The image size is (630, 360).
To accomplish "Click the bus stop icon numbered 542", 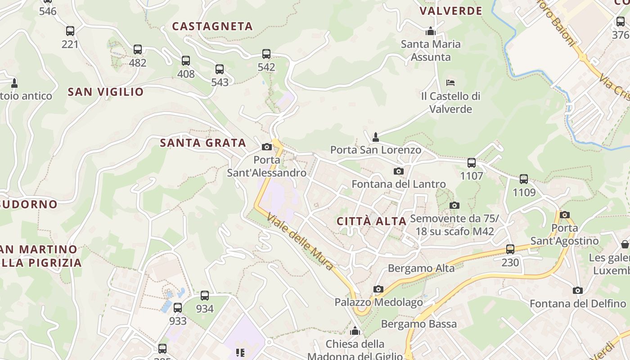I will point(266,54).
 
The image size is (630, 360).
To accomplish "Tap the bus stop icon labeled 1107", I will point(472,163).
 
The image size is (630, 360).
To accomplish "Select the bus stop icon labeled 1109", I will point(524,179).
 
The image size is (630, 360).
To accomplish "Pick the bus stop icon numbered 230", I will point(510,249).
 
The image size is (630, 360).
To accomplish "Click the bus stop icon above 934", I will point(205,296).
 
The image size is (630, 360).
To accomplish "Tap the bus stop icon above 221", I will point(70,31).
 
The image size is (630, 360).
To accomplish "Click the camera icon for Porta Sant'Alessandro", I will point(267,147).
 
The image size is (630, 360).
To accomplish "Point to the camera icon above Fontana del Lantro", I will point(398,171).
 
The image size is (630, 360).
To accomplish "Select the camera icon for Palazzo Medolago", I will point(378,289).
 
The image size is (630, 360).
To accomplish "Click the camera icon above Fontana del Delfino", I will point(578,290).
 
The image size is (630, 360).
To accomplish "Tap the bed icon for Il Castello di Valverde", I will point(450,83).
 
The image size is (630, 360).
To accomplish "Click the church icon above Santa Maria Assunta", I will point(431,31).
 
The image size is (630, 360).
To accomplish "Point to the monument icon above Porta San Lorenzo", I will point(376,136).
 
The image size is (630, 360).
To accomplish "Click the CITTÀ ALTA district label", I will point(372,221).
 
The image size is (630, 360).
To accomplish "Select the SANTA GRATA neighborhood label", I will point(203,143).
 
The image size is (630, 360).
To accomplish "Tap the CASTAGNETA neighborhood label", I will point(212,27).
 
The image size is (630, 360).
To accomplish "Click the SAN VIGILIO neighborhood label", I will point(106,92).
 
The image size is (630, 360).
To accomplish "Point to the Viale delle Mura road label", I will point(301,242).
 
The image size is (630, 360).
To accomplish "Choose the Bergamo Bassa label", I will point(418,324).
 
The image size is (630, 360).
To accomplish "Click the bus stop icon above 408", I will point(186,61).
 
